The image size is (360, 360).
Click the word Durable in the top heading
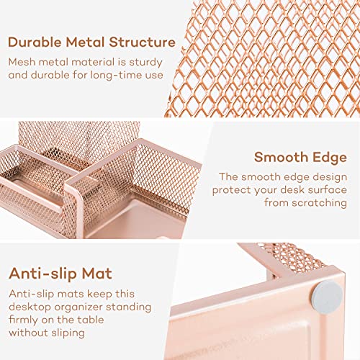point(35,42)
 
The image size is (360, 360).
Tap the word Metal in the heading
point(86,42)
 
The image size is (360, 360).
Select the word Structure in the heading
point(143,42)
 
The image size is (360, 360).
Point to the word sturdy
point(145,63)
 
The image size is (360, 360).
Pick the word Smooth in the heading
point(281,158)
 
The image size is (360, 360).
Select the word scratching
point(319,203)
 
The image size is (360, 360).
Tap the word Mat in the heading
point(97,274)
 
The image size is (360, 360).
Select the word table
point(91,320)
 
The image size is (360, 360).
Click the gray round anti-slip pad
point(327,298)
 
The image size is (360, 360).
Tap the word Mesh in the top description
point(22,62)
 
